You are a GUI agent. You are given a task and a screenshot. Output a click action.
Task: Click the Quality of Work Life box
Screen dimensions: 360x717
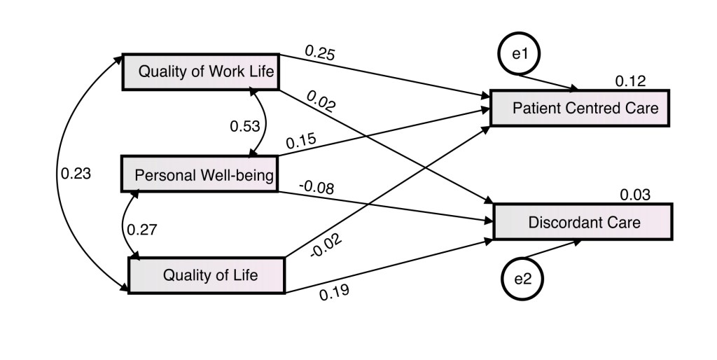[201, 71]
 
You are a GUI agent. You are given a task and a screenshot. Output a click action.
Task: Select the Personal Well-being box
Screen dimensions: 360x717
[200, 174]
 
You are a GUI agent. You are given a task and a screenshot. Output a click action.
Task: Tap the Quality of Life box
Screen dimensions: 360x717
[207, 275]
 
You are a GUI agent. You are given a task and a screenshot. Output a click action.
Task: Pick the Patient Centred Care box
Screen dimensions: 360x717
[580, 108]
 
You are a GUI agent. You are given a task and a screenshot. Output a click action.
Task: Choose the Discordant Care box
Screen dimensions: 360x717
[583, 222]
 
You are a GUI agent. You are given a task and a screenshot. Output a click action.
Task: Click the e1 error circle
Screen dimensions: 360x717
[520, 53]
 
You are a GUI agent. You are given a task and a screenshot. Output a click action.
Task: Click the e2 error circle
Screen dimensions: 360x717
[523, 278]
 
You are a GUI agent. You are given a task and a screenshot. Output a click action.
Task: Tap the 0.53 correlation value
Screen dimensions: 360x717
[245, 127]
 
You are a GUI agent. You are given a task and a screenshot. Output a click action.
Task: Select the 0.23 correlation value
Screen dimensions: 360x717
[76, 174]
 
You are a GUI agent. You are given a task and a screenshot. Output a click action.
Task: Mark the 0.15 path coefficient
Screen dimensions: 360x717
[300, 140]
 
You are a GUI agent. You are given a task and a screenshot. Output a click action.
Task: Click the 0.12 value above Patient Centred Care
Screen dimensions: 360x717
[630, 81]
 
